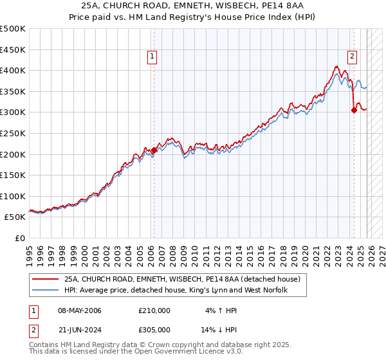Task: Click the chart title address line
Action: point(192,6)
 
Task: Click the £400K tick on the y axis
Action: point(13,70)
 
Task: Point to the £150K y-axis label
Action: point(13,175)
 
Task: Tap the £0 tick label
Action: point(21,238)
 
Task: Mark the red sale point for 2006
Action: point(154,150)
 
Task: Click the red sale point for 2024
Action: point(354,110)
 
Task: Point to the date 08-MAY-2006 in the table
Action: point(80,310)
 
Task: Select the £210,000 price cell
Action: point(154,310)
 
